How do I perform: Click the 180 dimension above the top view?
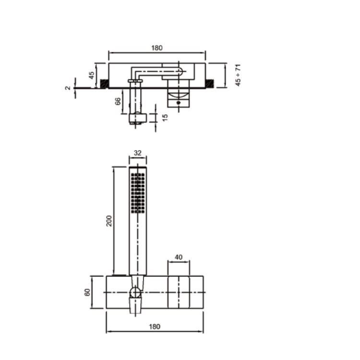(x=157, y=48)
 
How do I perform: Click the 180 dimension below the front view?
(x=155, y=326)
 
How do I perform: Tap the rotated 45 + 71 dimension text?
(x=238, y=75)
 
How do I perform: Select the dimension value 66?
(x=118, y=101)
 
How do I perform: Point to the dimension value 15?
(x=165, y=118)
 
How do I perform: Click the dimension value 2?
(x=68, y=88)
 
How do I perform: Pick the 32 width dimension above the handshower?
(x=138, y=153)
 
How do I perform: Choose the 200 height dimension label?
(x=109, y=221)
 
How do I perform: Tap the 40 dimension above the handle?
(x=179, y=257)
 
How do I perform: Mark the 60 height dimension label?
(x=87, y=292)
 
